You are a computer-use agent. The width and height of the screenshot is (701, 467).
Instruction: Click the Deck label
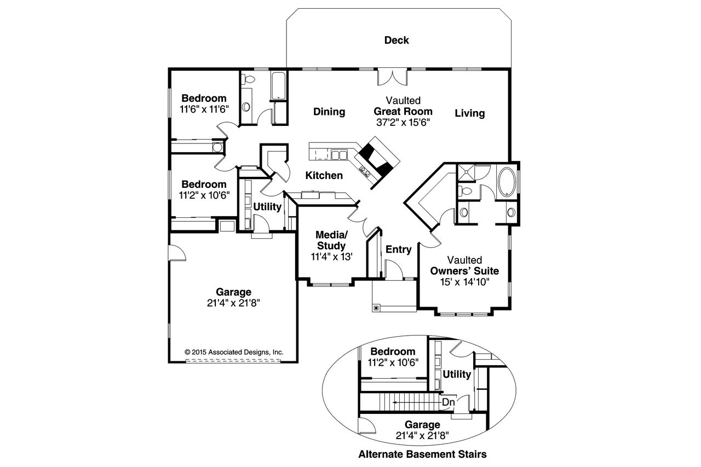[x=397, y=40]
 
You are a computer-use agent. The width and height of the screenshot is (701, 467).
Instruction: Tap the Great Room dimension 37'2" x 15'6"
[x=403, y=123]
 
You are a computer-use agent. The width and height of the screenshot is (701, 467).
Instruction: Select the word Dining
[x=329, y=112]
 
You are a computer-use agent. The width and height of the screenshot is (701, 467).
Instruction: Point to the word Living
[x=469, y=113]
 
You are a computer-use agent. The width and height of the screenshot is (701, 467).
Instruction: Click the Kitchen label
[x=324, y=176]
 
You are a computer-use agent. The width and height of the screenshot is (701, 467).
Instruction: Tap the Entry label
[x=398, y=250]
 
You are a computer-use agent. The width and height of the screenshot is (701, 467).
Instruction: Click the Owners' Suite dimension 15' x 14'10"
[x=464, y=281]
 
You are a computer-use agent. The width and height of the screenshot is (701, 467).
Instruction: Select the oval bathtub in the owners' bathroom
[x=507, y=182]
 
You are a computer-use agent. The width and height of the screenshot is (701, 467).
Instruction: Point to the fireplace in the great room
[x=377, y=159]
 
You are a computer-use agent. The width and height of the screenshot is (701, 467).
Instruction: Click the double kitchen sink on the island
[x=340, y=155]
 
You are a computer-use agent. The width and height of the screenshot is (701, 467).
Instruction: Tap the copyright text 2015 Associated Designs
[x=234, y=352]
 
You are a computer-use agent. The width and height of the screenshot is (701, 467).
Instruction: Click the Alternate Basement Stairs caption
[x=422, y=454]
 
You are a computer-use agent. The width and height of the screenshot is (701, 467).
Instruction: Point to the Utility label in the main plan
[x=267, y=207]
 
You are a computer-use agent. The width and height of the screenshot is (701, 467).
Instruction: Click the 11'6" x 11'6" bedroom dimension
[x=204, y=108]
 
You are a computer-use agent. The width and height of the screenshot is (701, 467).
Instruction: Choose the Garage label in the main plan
[x=233, y=292]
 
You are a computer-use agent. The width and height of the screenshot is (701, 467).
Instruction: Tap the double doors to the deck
[x=392, y=77]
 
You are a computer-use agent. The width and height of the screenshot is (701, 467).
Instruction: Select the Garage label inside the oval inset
[x=422, y=425]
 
